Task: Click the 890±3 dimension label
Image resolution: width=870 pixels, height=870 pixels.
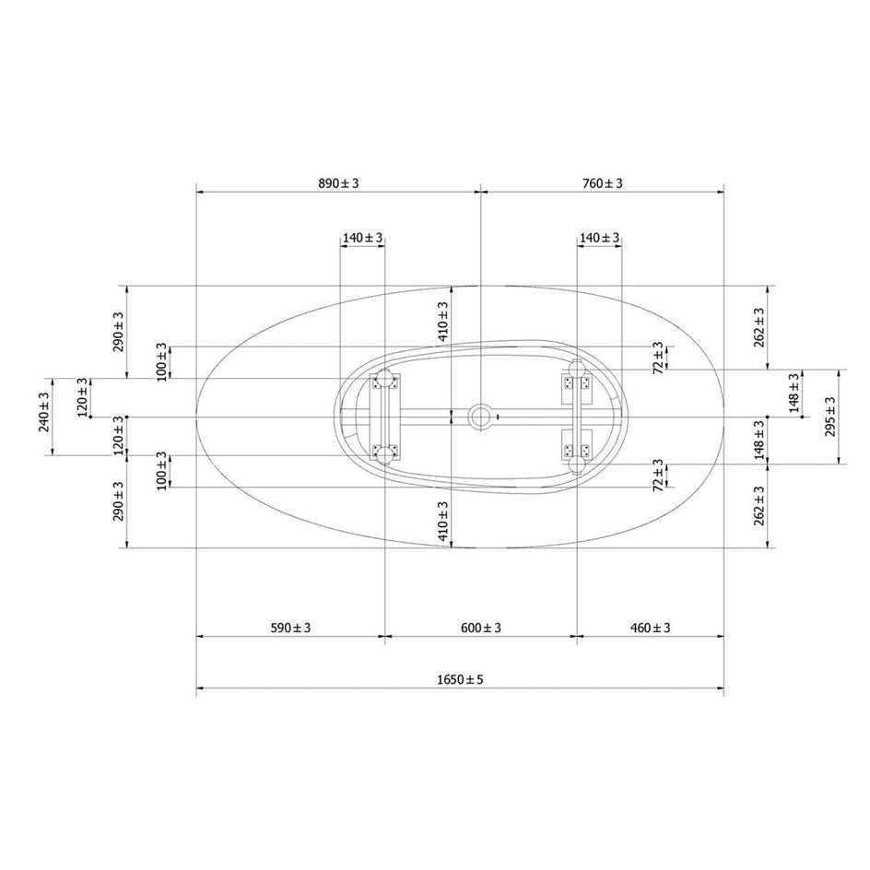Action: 338,183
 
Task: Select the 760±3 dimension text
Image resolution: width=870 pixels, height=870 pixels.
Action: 603,183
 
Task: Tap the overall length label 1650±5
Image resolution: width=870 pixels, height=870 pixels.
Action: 460,679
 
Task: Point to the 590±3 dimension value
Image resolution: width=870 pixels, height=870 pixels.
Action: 290,628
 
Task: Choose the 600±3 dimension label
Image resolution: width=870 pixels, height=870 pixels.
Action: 481,628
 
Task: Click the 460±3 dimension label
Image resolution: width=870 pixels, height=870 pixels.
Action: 651,628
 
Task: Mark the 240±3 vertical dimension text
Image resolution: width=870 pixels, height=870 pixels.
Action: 44,412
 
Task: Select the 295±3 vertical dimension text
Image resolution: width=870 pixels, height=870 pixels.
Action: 830,417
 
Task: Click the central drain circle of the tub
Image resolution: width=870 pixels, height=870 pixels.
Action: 480,417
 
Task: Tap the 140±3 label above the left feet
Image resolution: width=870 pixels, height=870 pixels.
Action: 362,238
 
